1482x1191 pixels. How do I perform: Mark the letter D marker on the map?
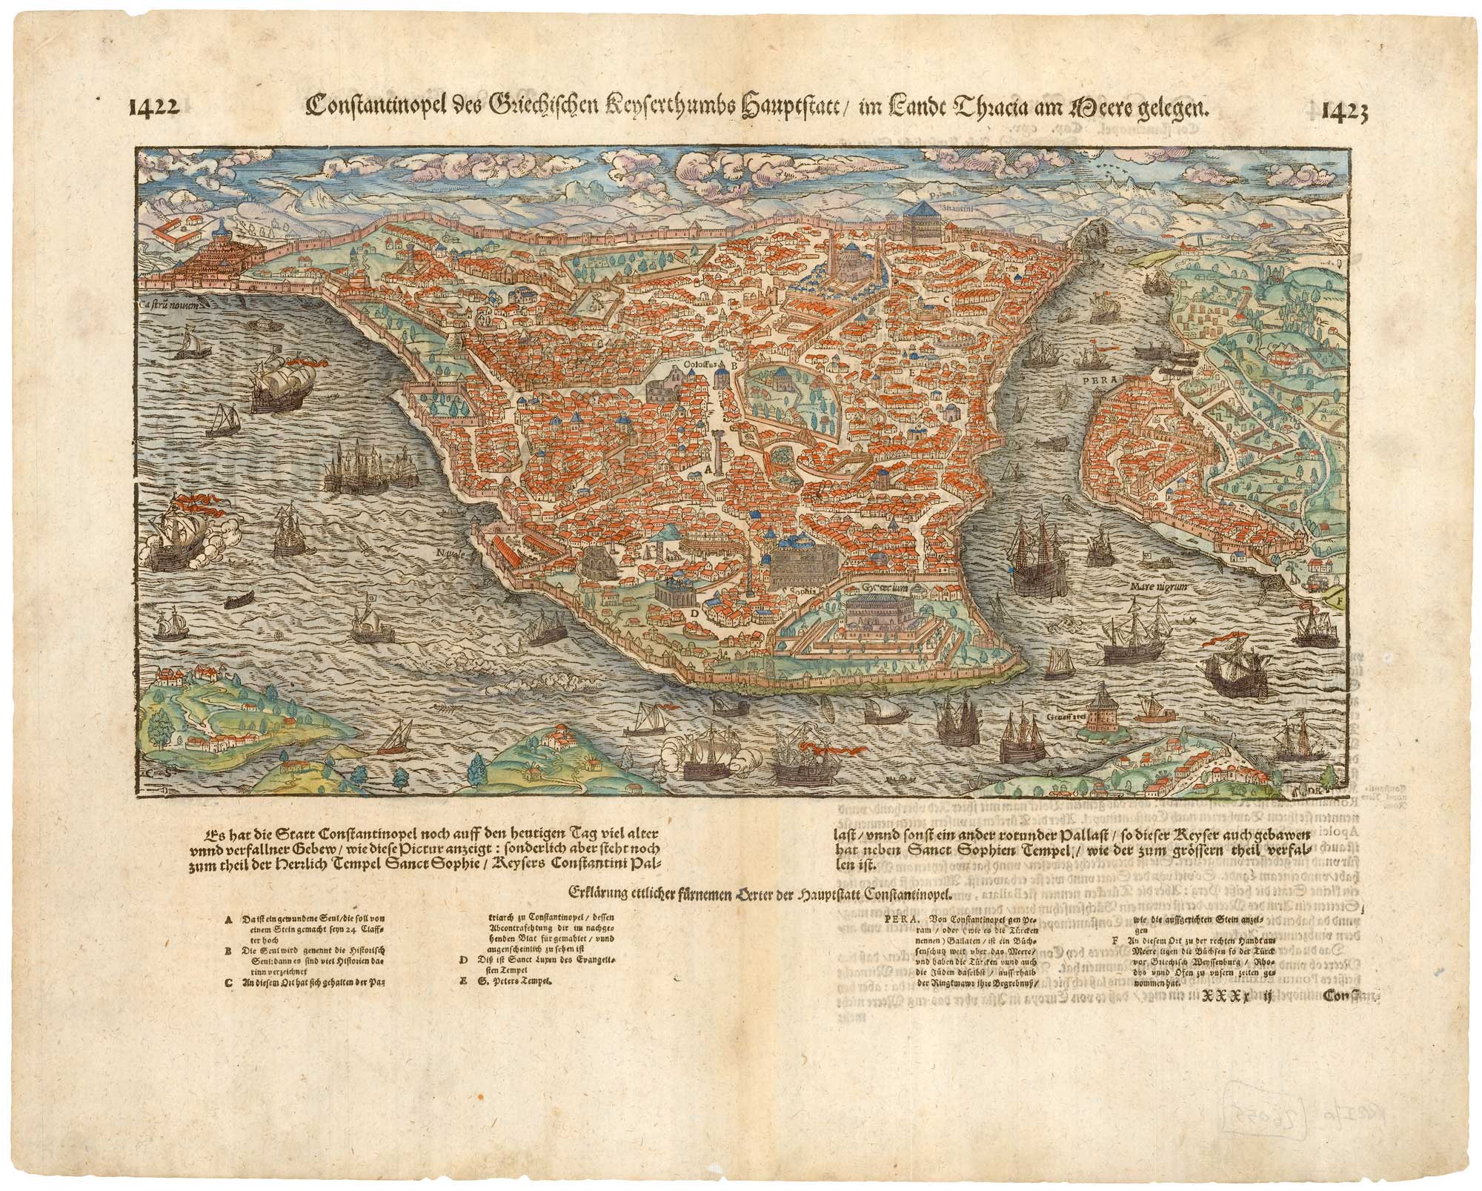(694, 613)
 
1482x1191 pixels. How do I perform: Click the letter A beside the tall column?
(707, 468)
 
